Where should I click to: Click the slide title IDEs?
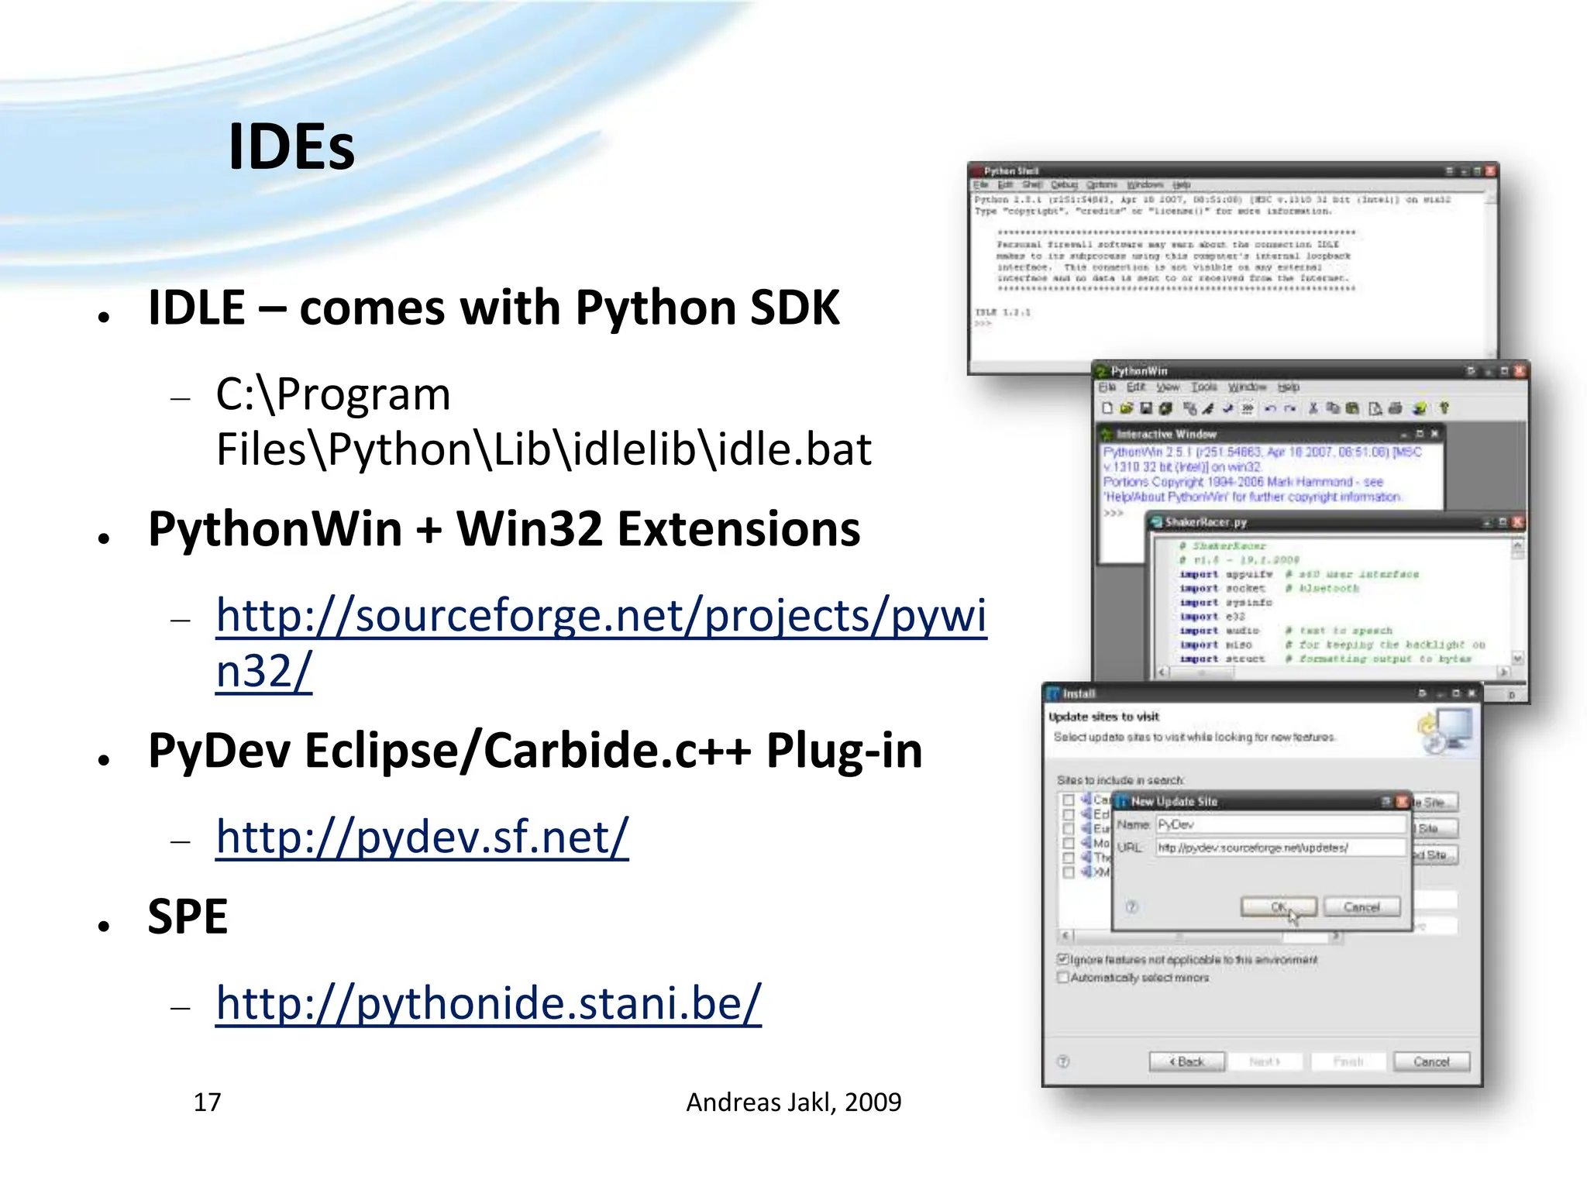(291, 147)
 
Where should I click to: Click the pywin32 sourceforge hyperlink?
(601, 617)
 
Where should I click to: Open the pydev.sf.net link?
(422, 837)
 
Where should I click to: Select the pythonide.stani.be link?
(488, 1003)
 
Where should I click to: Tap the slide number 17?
(207, 1102)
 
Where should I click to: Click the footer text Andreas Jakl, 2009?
(793, 1102)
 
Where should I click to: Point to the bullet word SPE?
(188, 917)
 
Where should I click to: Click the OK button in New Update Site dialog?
(1278, 906)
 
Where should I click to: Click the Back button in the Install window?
(1186, 1061)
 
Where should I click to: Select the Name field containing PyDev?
(1280, 824)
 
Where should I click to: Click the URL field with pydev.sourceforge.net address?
(1280, 848)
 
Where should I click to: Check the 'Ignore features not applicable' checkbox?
(1063, 959)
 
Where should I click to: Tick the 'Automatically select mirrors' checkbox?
(1063, 978)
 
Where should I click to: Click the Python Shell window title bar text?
(1011, 170)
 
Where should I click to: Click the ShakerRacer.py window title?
(1206, 522)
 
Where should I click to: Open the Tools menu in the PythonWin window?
(1204, 387)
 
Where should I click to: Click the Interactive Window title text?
(1166, 435)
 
